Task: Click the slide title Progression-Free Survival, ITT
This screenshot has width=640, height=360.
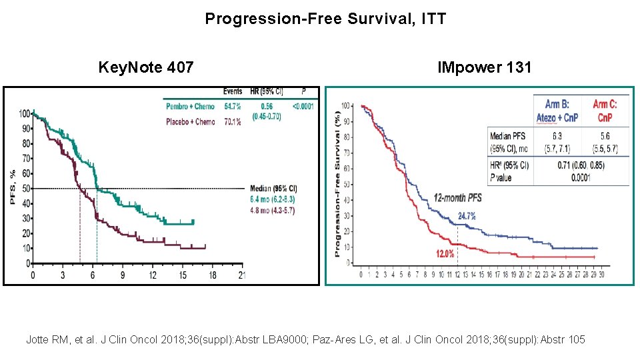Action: point(325,19)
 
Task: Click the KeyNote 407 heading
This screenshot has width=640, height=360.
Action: point(146,67)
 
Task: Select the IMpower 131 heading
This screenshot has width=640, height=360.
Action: point(484,67)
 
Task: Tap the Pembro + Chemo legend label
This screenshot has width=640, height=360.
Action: point(190,106)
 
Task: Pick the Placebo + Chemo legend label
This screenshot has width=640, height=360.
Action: point(190,121)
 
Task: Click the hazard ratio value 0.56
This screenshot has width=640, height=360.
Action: point(267,106)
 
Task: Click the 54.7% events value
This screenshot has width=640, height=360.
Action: point(232,106)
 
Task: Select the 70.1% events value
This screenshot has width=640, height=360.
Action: point(232,121)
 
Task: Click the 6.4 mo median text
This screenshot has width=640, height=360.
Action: point(272,199)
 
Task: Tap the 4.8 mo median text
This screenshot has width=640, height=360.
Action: point(272,210)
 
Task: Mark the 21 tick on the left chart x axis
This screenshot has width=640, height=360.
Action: point(242,275)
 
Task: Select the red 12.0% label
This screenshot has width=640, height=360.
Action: point(445,253)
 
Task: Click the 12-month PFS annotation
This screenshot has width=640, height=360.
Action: point(457,198)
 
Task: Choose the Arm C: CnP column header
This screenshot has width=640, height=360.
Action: point(605,111)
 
